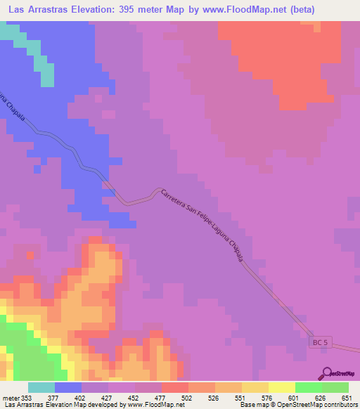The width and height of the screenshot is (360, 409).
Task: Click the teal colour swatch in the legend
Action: (x=41, y=387)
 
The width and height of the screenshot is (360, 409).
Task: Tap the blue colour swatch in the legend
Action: (x=68, y=387)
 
